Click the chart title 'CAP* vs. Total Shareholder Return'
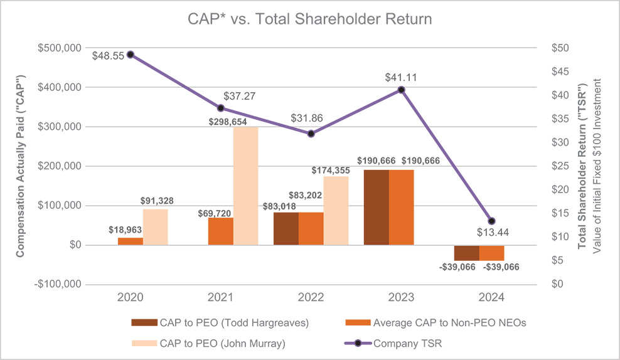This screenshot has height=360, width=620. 310,19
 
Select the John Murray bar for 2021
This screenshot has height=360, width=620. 245,186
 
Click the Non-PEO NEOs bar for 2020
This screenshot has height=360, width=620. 131,241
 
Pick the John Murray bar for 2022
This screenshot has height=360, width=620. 336,210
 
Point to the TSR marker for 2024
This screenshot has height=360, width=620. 491,221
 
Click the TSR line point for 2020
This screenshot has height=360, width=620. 130,55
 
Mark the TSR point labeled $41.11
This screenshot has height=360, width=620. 402,90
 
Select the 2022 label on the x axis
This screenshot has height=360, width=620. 311,297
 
